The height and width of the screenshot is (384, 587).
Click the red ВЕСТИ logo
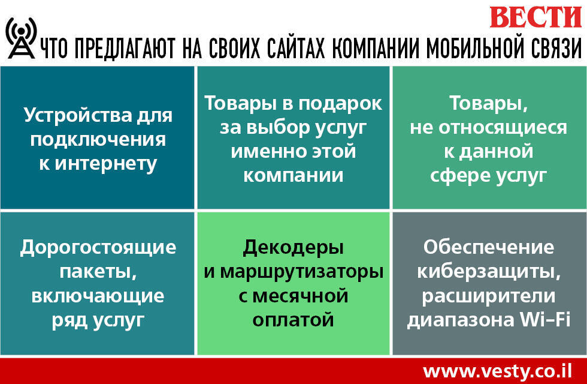pyautogui.click(x=535, y=17)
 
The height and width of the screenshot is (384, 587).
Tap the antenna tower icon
pyautogui.click(x=22, y=38)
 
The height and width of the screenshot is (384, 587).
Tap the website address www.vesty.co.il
pyautogui.click(x=498, y=371)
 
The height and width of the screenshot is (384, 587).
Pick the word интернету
pyautogui.click(x=106, y=165)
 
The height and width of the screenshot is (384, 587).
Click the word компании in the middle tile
pyautogui.click(x=293, y=175)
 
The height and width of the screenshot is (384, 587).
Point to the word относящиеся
pyautogui.click(x=503, y=128)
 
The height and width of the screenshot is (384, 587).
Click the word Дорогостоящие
pyautogui.click(x=98, y=248)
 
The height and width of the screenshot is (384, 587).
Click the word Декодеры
pyautogui.click(x=293, y=248)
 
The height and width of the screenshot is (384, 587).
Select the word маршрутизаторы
pyautogui.click(x=301, y=272)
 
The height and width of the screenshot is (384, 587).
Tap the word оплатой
pyautogui.click(x=293, y=320)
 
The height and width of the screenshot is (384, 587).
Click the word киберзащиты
pyautogui.click(x=489, y=272)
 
